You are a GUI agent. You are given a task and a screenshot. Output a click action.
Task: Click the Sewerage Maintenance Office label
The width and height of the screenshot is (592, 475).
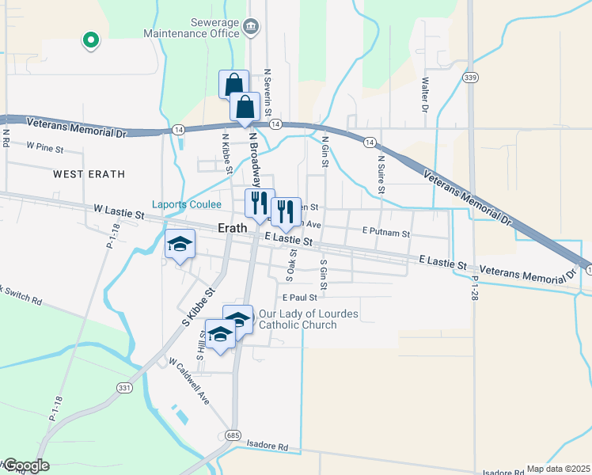(191, 28)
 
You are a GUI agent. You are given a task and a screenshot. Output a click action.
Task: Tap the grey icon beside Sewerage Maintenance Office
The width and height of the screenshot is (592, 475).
(252, 28)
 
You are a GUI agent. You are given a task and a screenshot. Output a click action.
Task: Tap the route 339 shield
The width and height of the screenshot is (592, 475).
(471, 77)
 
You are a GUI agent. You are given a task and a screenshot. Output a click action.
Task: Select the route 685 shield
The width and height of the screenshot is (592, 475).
(232, 435)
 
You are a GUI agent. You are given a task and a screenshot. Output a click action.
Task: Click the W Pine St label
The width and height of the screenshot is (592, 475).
(44, 146)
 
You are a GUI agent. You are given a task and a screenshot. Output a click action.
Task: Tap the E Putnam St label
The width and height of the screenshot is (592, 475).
(385, 233)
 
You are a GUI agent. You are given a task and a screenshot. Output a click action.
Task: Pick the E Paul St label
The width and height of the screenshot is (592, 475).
(298, 298)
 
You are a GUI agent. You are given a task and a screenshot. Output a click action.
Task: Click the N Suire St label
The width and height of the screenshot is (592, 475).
(381, 174)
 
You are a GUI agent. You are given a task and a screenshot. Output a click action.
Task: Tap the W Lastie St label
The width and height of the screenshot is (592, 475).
(120, 213)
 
